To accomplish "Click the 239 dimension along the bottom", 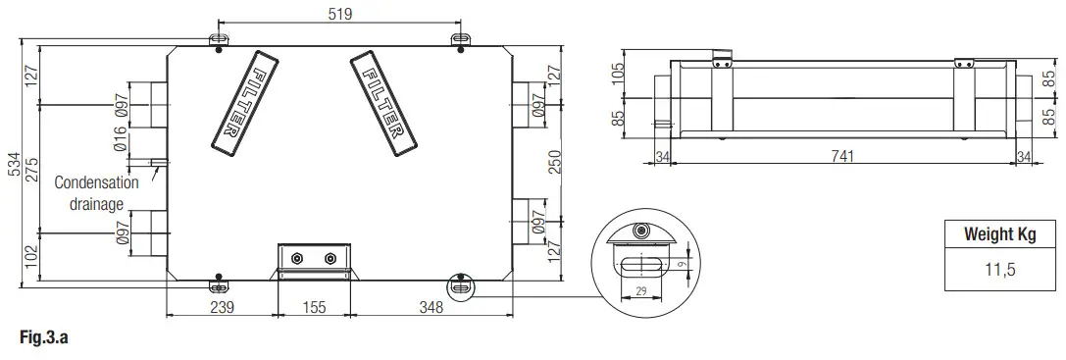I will [x=223, y=307].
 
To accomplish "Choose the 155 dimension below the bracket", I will [x=313, y=307].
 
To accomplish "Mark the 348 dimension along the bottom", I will [x=430, y=307].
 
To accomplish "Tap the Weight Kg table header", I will [x=1000, y=235].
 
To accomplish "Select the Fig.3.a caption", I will [x=42, y=338].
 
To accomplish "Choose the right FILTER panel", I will [x=380, y=102].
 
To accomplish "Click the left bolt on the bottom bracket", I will [x=299, y=260].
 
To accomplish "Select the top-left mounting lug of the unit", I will [x=219, y=39].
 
